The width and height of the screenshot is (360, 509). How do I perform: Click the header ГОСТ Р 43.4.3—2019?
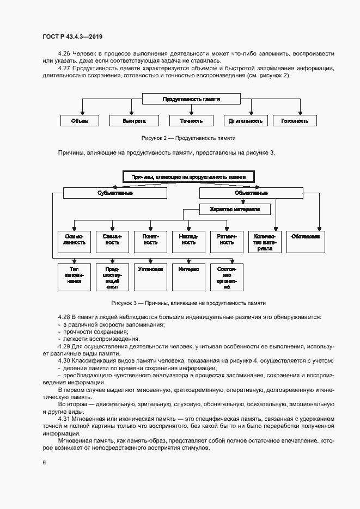72,37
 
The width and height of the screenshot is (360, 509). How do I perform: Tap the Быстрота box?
133,121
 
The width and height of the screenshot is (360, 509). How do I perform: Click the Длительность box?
246,121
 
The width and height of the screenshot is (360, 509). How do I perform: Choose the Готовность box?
295,121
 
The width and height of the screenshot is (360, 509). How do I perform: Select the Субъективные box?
115,193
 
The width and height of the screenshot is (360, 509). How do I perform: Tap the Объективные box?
251,193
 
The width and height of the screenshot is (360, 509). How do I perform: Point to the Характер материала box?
235,209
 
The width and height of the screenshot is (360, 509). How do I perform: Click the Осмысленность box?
74,242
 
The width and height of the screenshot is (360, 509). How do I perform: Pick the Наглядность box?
189,242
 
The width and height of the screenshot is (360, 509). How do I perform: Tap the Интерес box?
188,277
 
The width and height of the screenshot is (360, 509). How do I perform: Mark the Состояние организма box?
227,277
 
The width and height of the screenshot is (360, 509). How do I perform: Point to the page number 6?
44,463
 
